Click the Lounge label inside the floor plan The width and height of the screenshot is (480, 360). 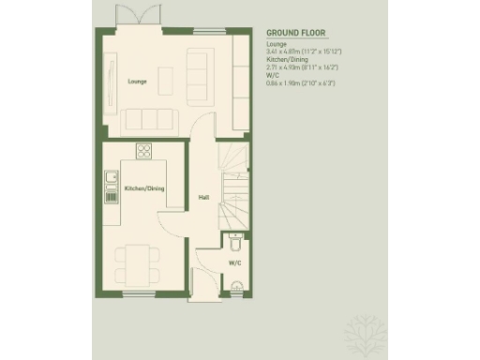[x=137, y=82]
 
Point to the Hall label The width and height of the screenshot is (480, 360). [x=202, y=196]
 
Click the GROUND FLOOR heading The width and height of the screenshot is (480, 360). [x=295, y=32]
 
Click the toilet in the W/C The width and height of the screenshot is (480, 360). [x=235, y=245]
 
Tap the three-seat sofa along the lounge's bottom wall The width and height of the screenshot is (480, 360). [x=151, y=118]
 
